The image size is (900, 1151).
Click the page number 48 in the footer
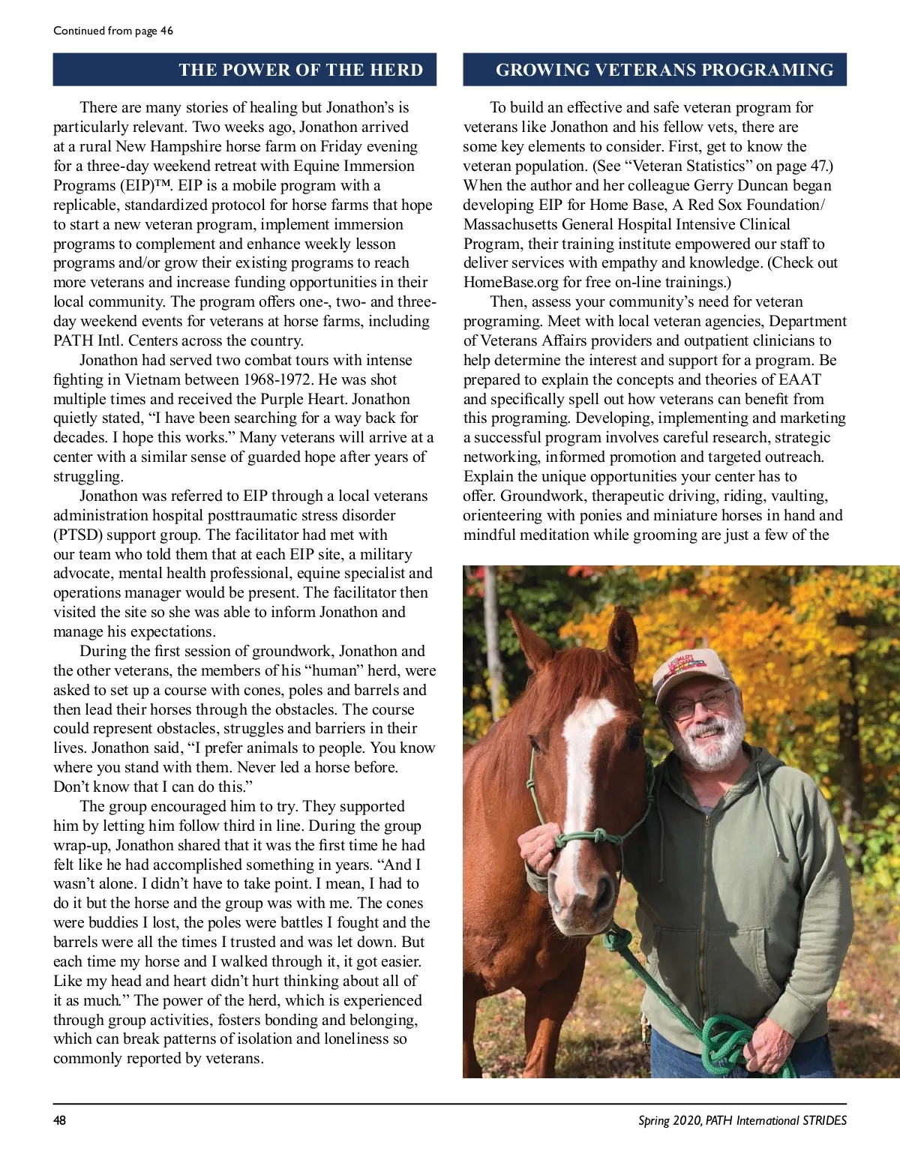tap(59, 1120)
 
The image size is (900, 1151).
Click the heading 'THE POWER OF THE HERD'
tap(301, 70)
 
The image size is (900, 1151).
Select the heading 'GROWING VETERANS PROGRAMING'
tap(664, 70)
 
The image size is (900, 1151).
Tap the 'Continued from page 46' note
tap(113, 31)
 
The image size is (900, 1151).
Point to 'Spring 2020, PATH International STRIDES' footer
tap(742, 1120)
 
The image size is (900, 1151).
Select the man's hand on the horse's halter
tap(538, 847)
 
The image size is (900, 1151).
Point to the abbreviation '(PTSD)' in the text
tap(79, 535)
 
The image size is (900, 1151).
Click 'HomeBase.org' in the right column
tap(511, 283)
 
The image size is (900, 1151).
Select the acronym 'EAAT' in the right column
tap(799, 380)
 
